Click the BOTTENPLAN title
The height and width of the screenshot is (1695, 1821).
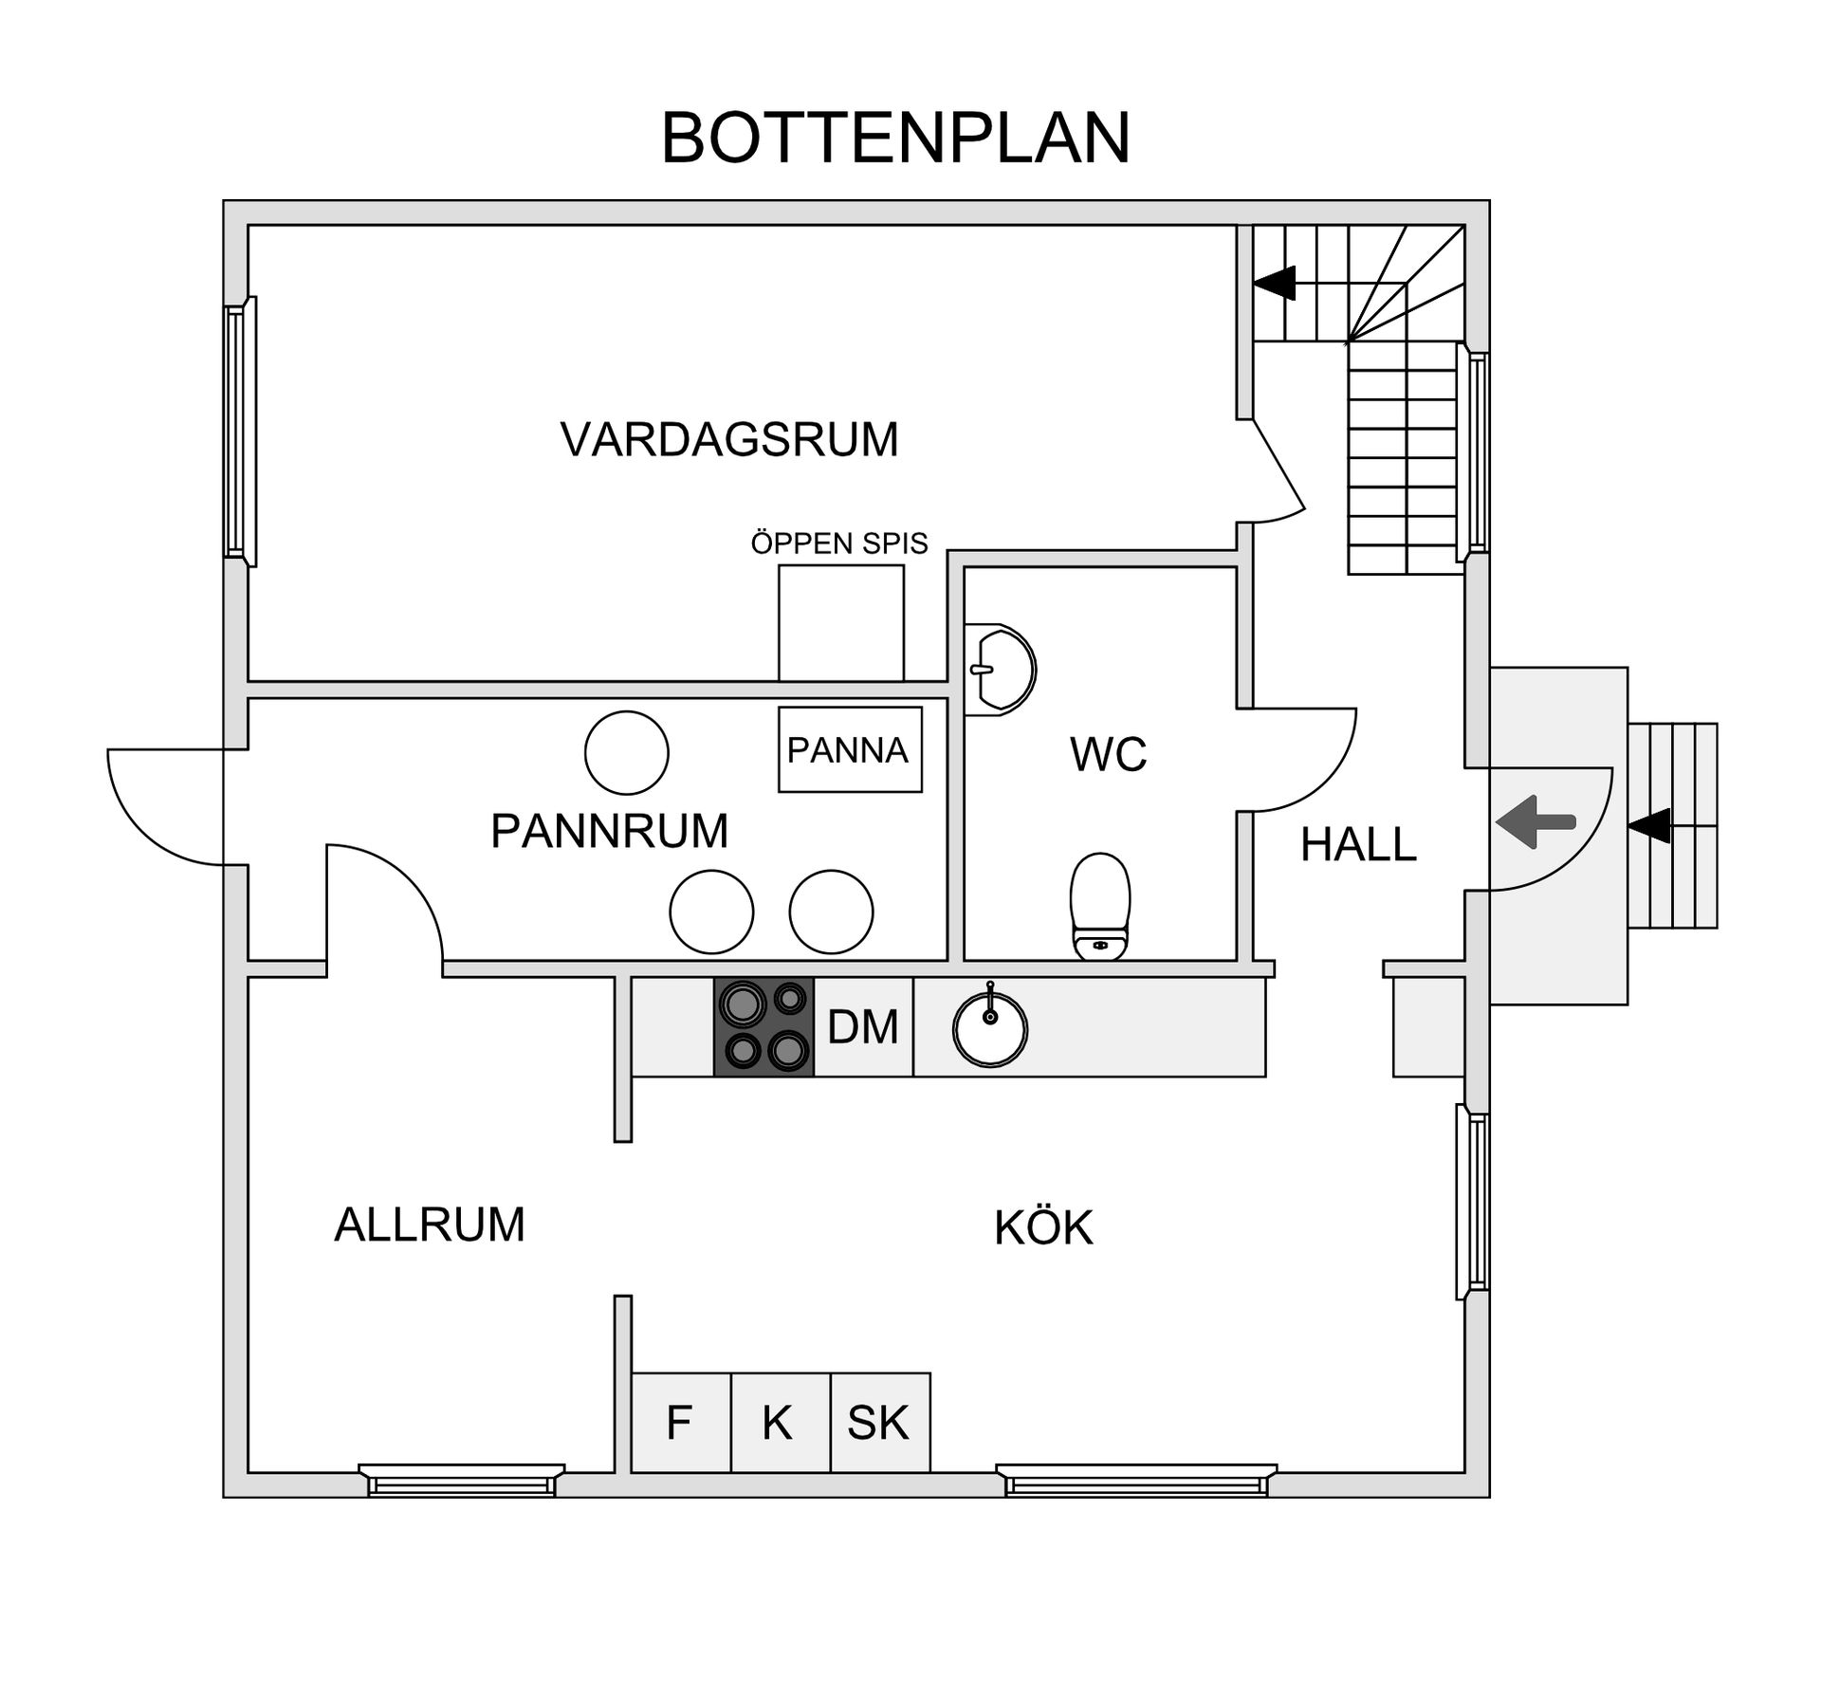tap(895, 138)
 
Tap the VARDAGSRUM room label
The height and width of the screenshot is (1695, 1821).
tap(728, 440)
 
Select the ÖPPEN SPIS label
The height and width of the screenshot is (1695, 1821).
tap(839, 544)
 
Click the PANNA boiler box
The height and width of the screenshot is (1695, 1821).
tap(849, 750)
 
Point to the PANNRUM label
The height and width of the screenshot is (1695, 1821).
tap(609, 832)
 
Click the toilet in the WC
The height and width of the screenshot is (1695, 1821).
tap(1100, 906)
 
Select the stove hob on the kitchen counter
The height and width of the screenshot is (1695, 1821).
tap(763, 1026)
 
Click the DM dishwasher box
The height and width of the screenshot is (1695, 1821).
tap(863, 1027)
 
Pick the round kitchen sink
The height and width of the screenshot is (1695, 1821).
tap(989, 1028)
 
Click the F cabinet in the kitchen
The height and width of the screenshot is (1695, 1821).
tap(680, 1423)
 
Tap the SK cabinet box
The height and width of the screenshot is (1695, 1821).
tap(879, 1423)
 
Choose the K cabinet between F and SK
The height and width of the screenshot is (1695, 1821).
tap(779, 1423)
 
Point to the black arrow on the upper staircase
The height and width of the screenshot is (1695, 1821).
tap(1275, 283)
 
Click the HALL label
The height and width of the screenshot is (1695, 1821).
tap(1358, 844)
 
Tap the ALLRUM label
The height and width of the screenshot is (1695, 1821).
tap(430, 1225)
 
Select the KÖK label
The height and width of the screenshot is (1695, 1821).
tap(1043, 1228)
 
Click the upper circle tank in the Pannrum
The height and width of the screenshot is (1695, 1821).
tap(626, 752)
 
